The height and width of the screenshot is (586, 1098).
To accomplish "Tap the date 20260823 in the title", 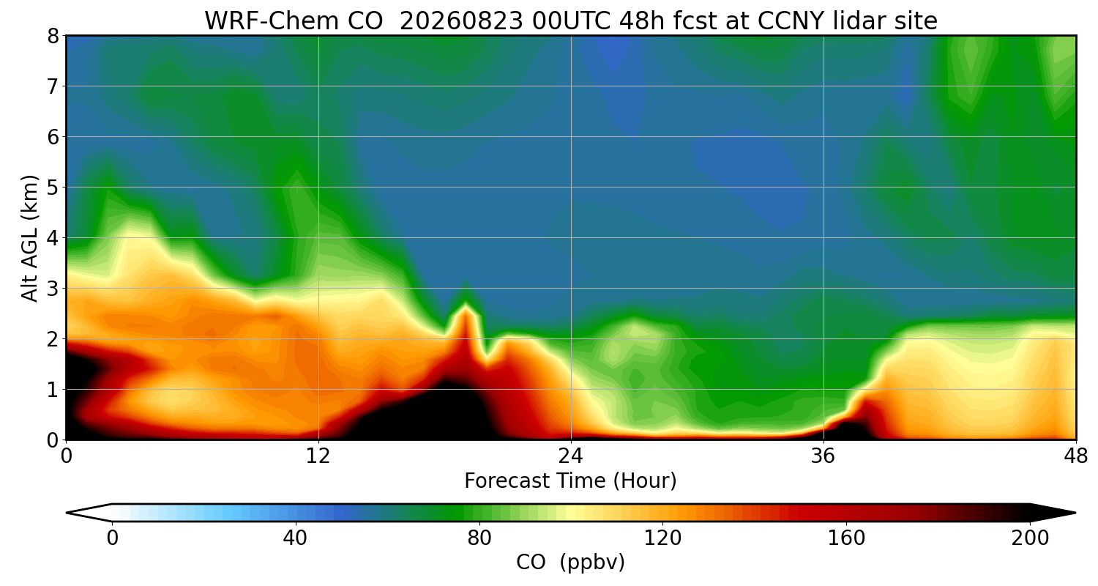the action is pyautogui.click(x=461, y=21).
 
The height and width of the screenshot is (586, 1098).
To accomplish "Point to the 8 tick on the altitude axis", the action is pyautogui.click(x=53, y=36).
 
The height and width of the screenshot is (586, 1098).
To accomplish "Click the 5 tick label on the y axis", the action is pyautogui.click(x=53, y=188).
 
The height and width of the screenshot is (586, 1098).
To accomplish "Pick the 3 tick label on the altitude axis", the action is pyautogui.click(x=53, y=289).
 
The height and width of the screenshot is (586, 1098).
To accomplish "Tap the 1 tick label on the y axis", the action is pyautogui.click(x=53, y=390).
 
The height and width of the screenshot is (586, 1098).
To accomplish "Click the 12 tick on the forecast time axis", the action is pyautogui.click(x=318, y=456).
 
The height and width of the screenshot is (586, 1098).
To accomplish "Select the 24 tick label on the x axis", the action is pyautogui.click(x=571, y=456).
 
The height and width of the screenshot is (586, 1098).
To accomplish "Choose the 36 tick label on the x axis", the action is pyautogui.click(x=823, y=456).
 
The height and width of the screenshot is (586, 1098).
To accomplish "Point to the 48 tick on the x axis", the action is pyautogui.click(x=1076, y=456).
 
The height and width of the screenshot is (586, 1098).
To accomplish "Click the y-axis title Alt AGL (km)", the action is pyautogui.click(x=29, y=238).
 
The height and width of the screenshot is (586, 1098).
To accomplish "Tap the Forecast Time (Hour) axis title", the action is pyautogui.click(x=570, y=481).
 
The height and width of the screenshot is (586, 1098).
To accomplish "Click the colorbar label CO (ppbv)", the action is pyautogui.click(x=570, y=562).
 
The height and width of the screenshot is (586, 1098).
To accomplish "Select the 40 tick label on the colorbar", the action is pyautogui.click(x=295, y=538).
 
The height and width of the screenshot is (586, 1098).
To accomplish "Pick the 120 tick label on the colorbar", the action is pyautogui.click(x=662, y=538).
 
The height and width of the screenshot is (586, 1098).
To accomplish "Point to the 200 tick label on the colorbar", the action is pyautogui.click(x=1030, y=538).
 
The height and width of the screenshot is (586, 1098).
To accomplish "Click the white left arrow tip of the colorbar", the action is pyautogui.click(x=67, y=513).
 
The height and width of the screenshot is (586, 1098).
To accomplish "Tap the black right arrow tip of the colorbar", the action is pyautogui.click(x=1075, y=513).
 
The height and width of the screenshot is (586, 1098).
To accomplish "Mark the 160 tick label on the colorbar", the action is pyautogui.click(x=846, y=538).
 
